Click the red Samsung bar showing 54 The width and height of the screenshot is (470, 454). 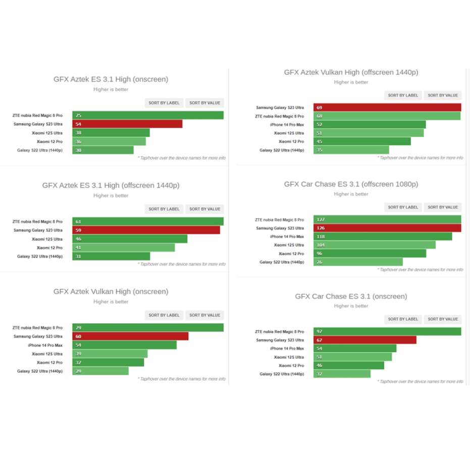click(127, 124)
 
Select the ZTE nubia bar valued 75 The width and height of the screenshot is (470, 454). click(148, 116)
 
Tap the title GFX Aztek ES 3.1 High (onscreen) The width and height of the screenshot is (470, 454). click(111, 79)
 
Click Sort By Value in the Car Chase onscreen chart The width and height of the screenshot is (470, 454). click(443, 319)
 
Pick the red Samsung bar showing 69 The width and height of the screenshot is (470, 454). click(387, 107)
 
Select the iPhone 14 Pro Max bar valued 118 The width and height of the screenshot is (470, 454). click(382, 237)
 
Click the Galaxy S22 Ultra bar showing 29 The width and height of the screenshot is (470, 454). click(100, 371)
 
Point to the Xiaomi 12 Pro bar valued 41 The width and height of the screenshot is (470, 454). click(123, 248)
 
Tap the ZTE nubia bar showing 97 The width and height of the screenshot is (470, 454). click(387, 331)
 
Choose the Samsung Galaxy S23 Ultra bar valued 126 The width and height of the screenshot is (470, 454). click(387, 228)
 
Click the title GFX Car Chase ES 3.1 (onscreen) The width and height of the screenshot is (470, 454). click(351, 297)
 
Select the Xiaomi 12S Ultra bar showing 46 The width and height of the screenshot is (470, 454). click(130, 239)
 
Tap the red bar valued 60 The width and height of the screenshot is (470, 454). click(130, 336)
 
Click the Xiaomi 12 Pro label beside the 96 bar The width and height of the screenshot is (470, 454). click(291, 254)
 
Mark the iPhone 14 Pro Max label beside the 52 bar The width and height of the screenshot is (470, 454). click(287, 125)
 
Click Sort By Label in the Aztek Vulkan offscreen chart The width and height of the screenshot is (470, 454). click(403, 95)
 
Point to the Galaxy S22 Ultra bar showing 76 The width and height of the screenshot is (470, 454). click(358, 262)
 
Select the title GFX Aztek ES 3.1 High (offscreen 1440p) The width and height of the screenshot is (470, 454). click(111, 186)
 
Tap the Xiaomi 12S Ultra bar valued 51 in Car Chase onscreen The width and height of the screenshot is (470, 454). click(352, 357)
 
